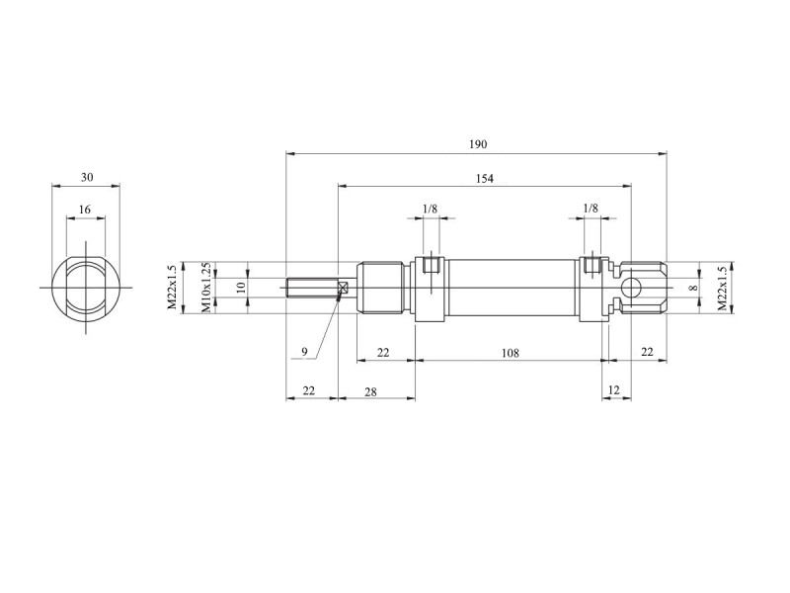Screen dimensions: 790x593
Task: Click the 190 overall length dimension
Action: (x=478, y=144)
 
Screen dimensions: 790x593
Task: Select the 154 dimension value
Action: (x=484, y=179)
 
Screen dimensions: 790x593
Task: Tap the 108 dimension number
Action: (x=510, y=353)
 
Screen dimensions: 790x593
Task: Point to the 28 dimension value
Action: (x=370, y=391)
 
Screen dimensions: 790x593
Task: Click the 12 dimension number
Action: (x=613, y=389)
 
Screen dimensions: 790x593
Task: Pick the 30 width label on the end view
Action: (x=87, y=178)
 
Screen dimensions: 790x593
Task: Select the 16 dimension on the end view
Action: (x=85, y=210)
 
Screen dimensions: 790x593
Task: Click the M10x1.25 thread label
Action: (x=206, y=287)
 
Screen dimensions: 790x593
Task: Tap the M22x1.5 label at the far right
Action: (x=723, y=288)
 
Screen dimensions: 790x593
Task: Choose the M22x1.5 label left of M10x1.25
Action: (x=173, y=287)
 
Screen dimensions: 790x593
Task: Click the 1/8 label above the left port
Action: (x=430, y=209)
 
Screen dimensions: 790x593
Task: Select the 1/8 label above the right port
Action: (x=591, y=208)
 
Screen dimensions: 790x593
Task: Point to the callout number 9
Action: (x=304, y=352)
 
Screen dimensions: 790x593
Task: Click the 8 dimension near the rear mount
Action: (x=694, y=288)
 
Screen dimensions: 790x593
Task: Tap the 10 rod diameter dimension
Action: (x=241, y=288)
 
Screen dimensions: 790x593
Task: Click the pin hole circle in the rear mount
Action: (x=631, y=289)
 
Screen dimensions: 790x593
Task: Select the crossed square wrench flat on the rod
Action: (x=344, y=288)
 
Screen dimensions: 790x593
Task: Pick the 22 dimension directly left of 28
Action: (x=308, y=390)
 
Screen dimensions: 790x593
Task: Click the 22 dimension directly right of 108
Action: (x=647, y=352)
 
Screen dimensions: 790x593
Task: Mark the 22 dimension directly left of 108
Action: (x=383, y=353)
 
